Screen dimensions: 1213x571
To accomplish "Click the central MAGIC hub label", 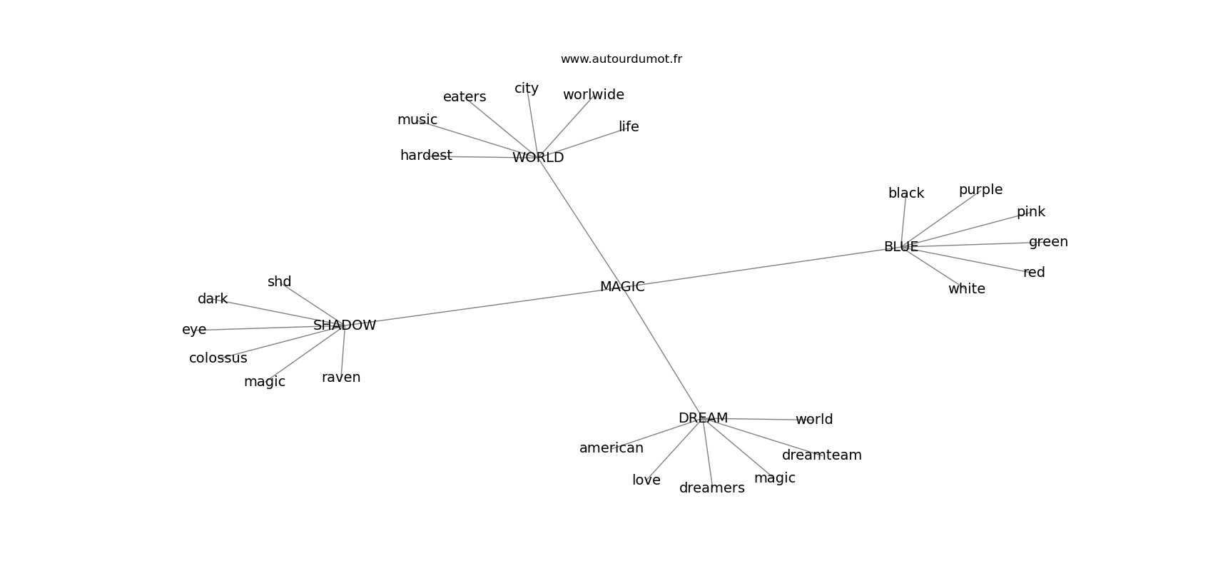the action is pos(622,287).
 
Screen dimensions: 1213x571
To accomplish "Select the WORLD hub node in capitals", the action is pos(538,157).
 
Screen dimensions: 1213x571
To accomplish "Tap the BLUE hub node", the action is pos(901,246).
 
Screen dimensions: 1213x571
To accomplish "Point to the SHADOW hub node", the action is pos(345,325).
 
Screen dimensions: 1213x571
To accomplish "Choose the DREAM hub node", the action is pos(703,418).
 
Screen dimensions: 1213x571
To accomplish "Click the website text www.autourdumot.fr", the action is pos(621,59).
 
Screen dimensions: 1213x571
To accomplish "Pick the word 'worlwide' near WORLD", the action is pos(594,94).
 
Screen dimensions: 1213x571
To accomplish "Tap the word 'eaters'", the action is pos(465,97).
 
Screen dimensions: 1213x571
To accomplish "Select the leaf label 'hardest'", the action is pos(426,156).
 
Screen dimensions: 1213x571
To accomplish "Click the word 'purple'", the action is pos(980,190).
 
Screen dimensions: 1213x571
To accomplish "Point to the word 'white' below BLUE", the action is pos(967,289).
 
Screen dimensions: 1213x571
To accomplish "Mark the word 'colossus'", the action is pos(218,358).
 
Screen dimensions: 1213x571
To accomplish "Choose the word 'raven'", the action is pos(341,378).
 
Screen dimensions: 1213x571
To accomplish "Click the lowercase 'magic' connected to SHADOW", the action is pos(265,382).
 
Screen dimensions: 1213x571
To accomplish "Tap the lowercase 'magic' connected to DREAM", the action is pos(775,478).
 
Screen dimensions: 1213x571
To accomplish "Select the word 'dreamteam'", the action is pos(821,455).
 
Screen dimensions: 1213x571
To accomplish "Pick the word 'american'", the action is pos(611,448).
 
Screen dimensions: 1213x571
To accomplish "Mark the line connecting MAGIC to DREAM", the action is pos(663,352).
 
